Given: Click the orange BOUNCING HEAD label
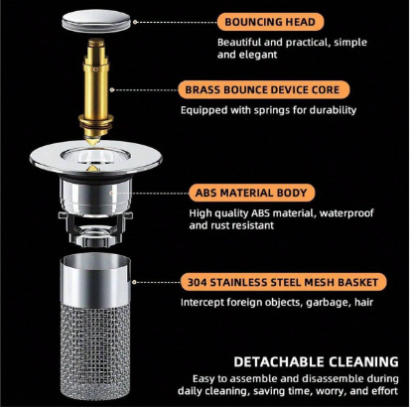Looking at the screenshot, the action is (x=270, y=22).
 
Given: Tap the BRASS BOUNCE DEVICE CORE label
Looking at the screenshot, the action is (x=264, y=89).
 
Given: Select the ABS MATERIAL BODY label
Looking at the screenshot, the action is (x=251, y=193).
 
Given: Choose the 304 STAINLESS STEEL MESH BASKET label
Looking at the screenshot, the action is (x=283, y=282).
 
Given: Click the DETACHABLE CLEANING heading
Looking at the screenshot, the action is (x=316, y=361).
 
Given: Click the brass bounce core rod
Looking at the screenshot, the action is (x=96, y=89).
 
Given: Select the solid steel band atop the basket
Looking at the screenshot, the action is (x=95, y=279).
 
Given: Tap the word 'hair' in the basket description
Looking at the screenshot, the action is (x=364, y=302).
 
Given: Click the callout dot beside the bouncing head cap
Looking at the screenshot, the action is (x=135, y=22).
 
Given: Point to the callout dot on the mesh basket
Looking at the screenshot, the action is (x=134, y=282).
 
